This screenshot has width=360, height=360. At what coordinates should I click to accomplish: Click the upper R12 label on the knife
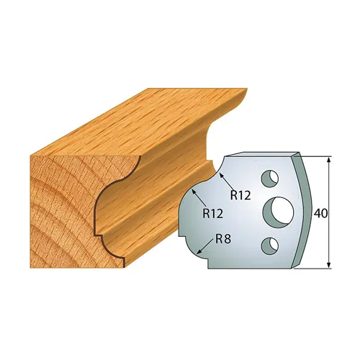pyautogui.click(x=239, y=194)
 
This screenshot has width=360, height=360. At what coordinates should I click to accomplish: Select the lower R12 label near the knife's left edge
pyautogui.click(x=212, y=212)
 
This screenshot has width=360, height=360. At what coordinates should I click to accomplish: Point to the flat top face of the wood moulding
pyautogui.click(x=137, y=115)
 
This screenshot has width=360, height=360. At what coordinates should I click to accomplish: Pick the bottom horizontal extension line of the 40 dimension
pyautogui.click(x=313, y=269)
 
